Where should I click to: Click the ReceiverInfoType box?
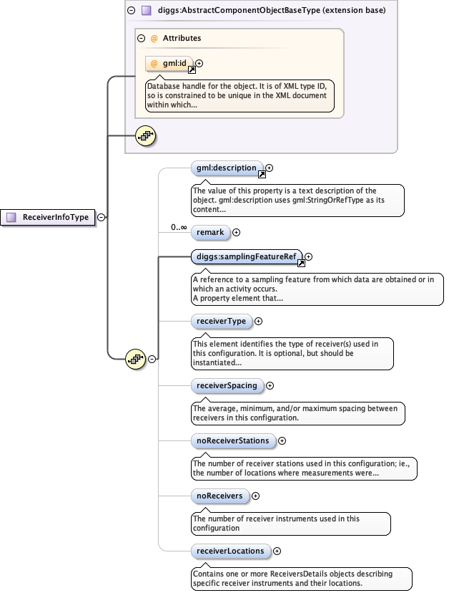(x=49, y=217)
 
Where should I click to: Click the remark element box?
(x=211, y=232)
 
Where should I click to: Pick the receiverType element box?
(x=221, y=322)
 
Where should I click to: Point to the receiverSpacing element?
(x=227, y=385)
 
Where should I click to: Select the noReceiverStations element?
(x=232, y=441)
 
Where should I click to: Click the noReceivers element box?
(x=219, y=496)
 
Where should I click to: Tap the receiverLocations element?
(x=231, y=551)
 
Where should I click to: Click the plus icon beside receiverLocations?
(x=277, y=551)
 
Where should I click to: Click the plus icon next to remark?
(x=237, y=232)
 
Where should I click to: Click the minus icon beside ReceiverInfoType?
(x=102, y=217)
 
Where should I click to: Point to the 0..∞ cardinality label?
(x=179, y=228)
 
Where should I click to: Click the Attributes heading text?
(x=182, y=38)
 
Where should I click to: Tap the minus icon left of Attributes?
(x=142, y=38)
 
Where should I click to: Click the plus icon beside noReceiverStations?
(x=282, y=441)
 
